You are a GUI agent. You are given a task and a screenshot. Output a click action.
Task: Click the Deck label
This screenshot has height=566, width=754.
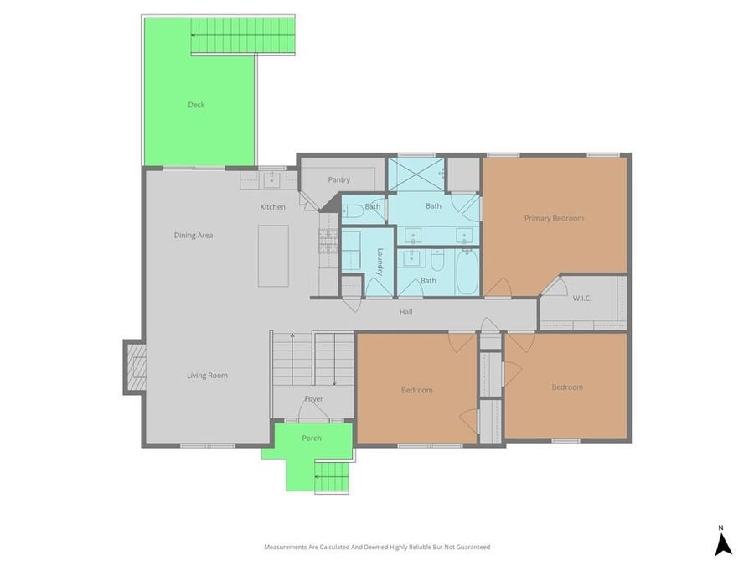(196, 105)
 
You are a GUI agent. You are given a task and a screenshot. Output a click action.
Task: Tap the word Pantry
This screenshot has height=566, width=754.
(339, 179)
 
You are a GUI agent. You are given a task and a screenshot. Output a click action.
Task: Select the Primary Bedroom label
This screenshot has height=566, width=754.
(554, 218)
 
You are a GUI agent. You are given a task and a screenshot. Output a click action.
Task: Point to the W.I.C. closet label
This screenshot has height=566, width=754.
(583, 299)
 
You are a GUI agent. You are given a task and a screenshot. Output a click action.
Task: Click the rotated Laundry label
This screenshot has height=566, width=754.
(380, 262)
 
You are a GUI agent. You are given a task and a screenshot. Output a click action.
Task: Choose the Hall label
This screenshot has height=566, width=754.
(405, 312)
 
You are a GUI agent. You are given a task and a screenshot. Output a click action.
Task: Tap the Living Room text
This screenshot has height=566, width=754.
(207, 376)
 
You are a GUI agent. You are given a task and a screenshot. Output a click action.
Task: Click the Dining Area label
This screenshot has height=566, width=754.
(194, 236)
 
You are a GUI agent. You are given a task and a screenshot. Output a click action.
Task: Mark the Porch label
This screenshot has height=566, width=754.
(312, 438)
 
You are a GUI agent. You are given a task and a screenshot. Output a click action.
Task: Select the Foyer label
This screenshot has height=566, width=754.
(313, 399)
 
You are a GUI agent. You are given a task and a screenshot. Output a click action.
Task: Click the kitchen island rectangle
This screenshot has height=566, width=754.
(273, 256)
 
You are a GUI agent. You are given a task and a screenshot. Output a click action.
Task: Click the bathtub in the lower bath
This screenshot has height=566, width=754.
(467, 273)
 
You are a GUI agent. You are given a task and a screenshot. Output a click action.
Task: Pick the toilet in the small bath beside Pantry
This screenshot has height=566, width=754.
(351, 210)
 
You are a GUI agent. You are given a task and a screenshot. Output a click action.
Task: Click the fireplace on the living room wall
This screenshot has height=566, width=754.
(134, 366)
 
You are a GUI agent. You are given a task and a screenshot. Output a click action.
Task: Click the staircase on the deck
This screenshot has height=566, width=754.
(243, 35)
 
